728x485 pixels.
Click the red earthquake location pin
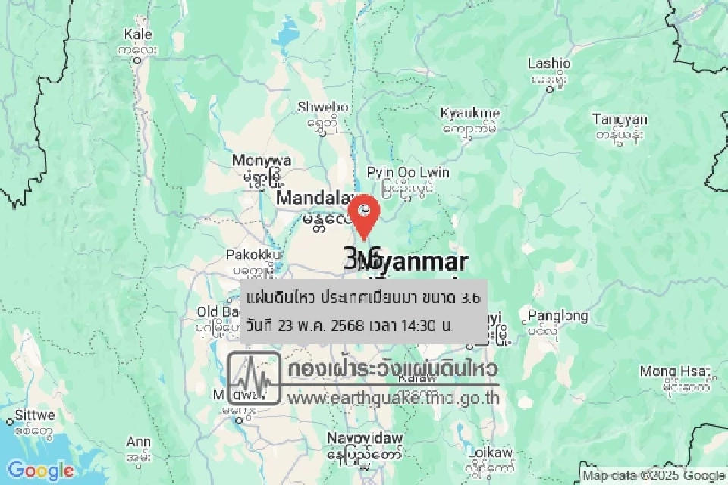pos(365,214)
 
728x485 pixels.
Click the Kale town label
pos(138,34)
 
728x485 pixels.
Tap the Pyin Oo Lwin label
pos(408,174)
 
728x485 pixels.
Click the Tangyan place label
pos(620,120)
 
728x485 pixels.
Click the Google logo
pos(40,471)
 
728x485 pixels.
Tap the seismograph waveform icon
pos(256,377)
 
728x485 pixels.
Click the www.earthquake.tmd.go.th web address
pos(393,396)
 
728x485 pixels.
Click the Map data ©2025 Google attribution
pos(654,476)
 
